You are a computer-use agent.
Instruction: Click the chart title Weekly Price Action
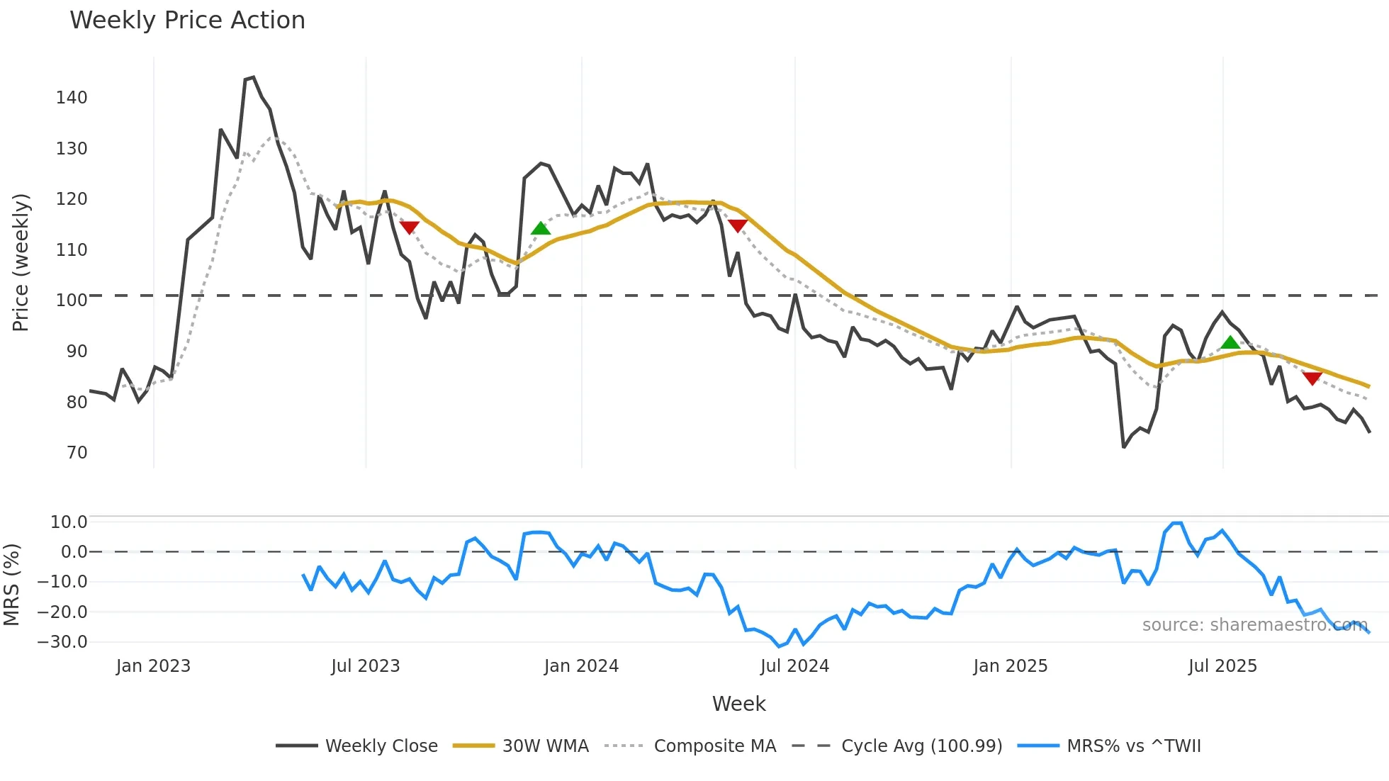(x=187, y=21)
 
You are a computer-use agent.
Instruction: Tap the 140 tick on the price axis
(x=72, y=98)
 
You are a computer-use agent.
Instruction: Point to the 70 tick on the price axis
(x=77, y=453)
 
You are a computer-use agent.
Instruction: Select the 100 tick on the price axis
(x=72, y=300)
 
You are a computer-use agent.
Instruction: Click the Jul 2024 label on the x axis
(x=794, y=666)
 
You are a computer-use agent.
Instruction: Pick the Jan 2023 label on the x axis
(x=153, y=666)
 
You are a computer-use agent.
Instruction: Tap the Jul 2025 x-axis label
(x=1222, y=666)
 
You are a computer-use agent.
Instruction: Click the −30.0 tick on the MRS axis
(x=62, y=642)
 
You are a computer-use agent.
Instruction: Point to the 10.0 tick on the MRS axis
(x=69, y=522)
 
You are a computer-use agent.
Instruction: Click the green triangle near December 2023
(x=541, y=228)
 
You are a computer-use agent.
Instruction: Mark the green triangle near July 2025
(x=1230, y=343)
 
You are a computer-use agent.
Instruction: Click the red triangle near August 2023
(x=410, y=227)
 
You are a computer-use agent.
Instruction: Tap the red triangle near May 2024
(x=738, y=225)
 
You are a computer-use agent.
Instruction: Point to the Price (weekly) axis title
(x=21, y=262)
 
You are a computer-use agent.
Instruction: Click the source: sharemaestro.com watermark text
(x=1254, y=625)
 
